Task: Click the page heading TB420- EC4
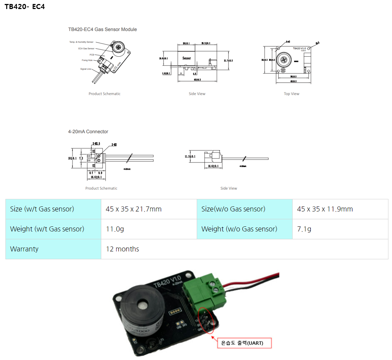pyautogui.click(x=25, y=7)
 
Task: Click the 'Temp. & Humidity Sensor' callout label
pyautogui.click(x=81, y=42)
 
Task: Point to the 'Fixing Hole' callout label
pyautogui.click(x=87, y=60)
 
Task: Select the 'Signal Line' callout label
pyautogui.click(x=86, y=69)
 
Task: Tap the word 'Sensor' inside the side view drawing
pyautogui.click(x=186, y=58)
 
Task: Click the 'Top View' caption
pyautogui.click(x=291, y=94)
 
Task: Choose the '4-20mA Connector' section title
pyautogui.click(x=88, y=132)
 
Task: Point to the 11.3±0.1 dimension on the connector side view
pyautogui.click(x=190, y=156)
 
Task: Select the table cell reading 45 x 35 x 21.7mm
pyautogui.click(x=134, y=209)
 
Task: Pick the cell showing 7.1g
pyautogui.click(x=304, y=229)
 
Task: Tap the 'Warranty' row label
pyautogui.click(x=24, y=249)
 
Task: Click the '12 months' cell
pyautogui.click(x=122, y=249)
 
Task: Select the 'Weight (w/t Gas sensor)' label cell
pyautogui.click(x=47, y=229)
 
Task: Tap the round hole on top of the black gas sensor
pyautogui.click(x=144, y=306)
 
